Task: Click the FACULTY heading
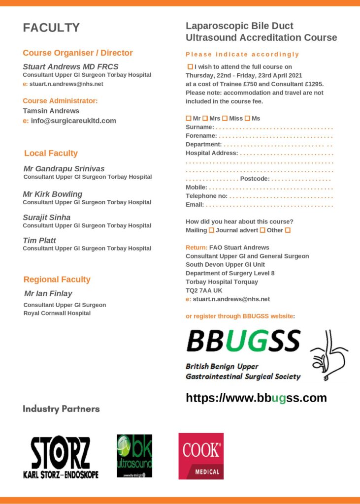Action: point(51,28)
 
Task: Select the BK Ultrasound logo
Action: point(134,456)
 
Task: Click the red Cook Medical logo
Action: point(201,456)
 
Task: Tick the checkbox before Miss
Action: point(225,119)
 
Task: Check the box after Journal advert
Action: point(262,230)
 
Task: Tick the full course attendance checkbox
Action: point(190,66)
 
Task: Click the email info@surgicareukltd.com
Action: point(73,121)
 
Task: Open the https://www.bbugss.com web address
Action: point(256,398)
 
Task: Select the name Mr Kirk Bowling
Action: point(53,194)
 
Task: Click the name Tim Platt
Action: point(39,240)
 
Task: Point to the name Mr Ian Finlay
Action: point(48,293)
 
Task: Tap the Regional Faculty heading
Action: point(57,280)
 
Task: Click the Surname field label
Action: point(199,127)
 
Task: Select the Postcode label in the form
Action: point(255,178)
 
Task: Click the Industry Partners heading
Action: point(61,409)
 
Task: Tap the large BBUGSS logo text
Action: point(243,341)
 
